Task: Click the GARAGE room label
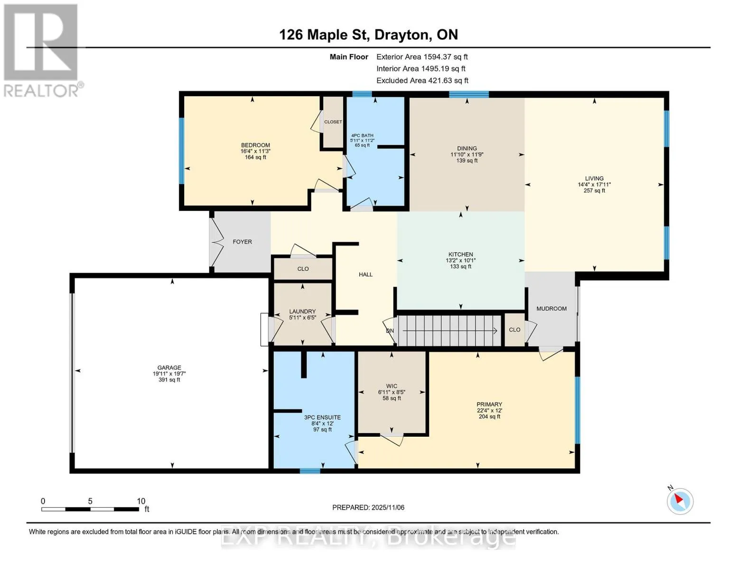pos(169,367)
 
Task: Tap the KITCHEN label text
pos(460,254)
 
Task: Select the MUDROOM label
pos(551,308)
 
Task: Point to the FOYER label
pos(242,242)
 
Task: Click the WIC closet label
pos(392,386)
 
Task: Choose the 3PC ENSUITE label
pos(322,418)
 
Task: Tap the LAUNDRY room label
pos(302,311)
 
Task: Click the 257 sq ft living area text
pos(594,191)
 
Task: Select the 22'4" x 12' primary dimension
pos(489,411)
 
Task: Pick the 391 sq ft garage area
pos(169,379)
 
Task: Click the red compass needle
pos(678,499)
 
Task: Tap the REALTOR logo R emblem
pos(41,42)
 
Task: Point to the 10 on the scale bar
pos(141,501)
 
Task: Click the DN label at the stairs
pos(390,331)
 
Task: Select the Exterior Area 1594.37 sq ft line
pos(422,57)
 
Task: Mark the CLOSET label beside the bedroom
pos(333,122)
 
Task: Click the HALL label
pos(365,275)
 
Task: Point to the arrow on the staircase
pos(450,331)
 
